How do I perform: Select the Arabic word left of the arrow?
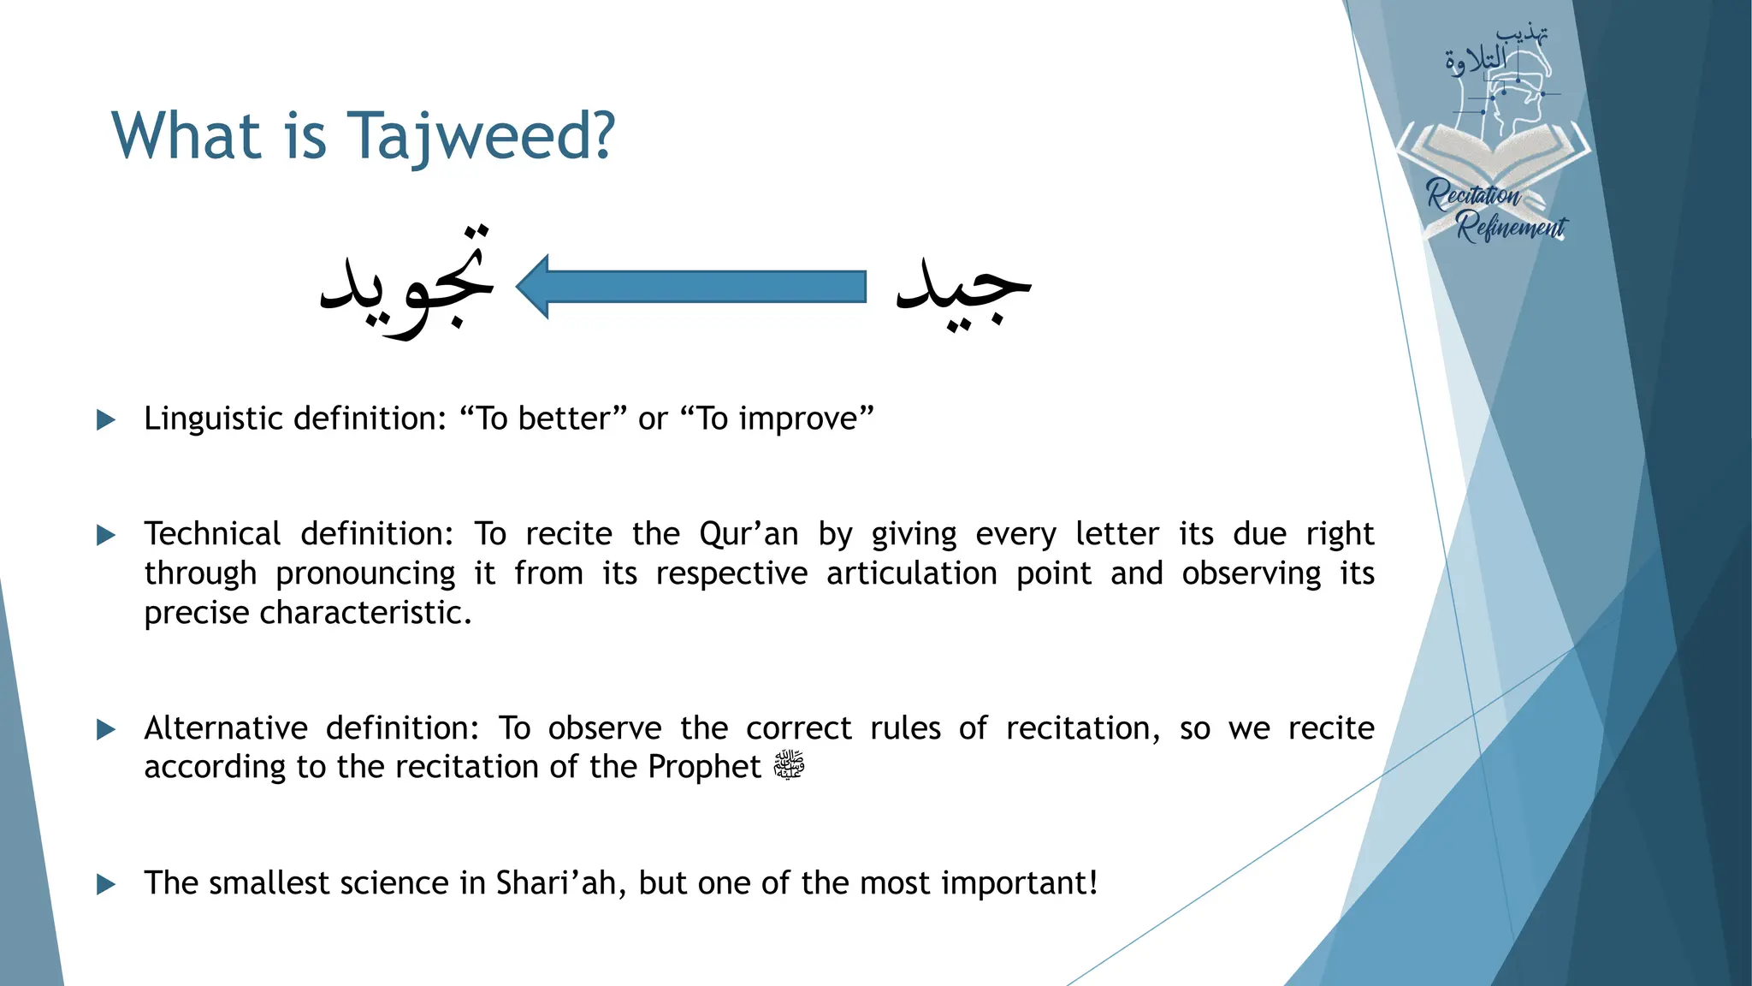click(x=407, y=282)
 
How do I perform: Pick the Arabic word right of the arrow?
click(x=963, y=287)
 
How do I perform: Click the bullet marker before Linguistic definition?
click(x=106, y=419)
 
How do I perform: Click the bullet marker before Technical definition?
click(x=106, y=536)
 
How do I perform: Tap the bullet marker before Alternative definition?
click(x=106, y=729)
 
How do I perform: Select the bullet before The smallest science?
click(x=106, y=884)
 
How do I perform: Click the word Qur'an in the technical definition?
click(x=749, y=534)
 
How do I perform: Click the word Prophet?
click(x=703, y=767)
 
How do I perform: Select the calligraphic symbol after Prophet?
click(x=789, y=765)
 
